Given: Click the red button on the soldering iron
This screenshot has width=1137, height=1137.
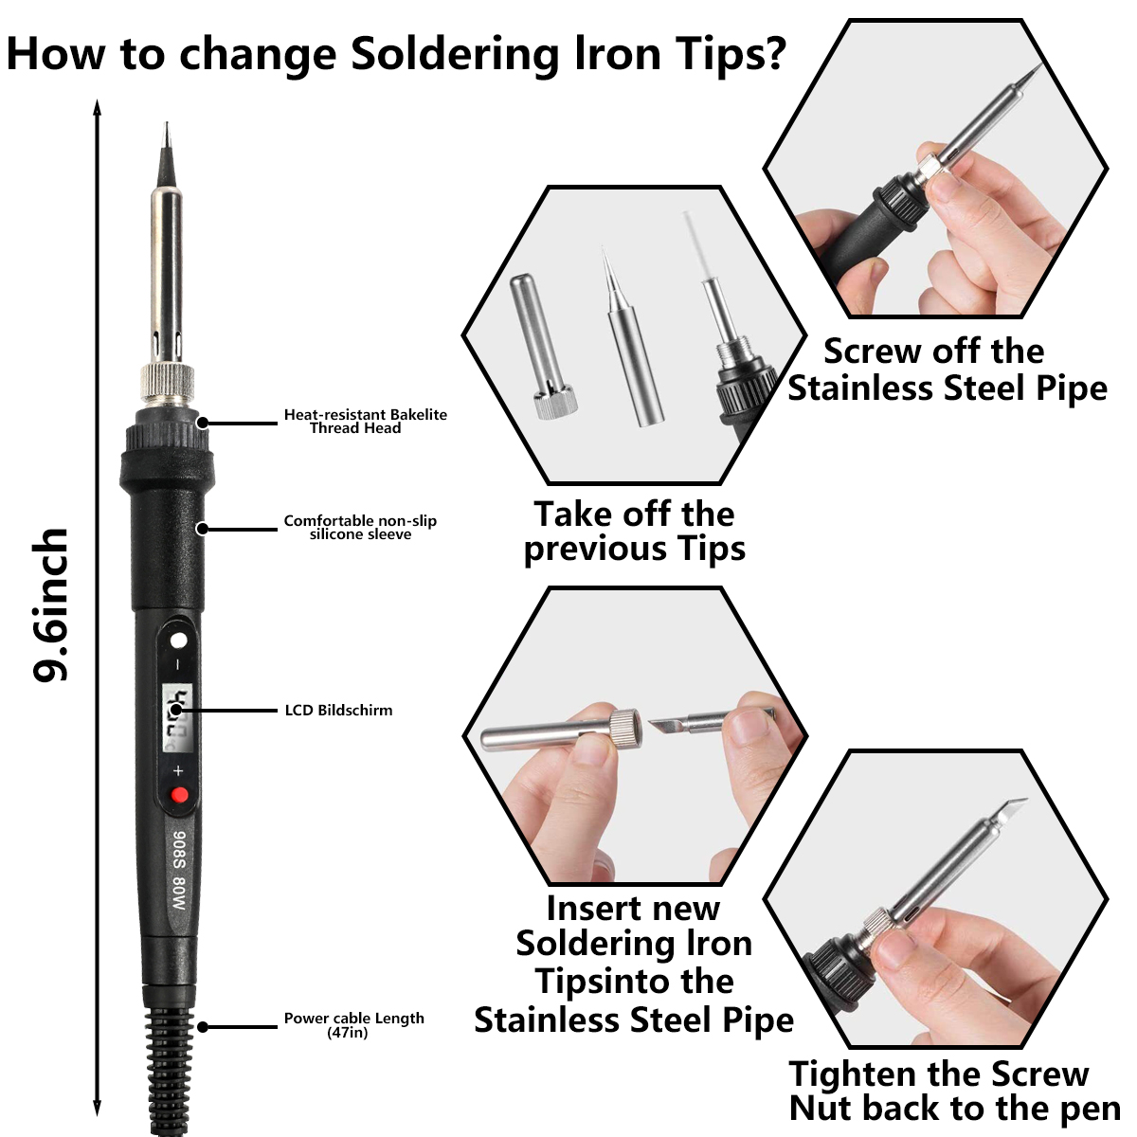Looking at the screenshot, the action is [179, 795].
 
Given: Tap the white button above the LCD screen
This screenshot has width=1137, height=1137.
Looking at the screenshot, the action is [179, 641].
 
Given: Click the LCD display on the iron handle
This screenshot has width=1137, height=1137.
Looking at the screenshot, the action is [178, 717].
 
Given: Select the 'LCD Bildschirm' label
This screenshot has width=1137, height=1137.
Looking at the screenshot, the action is [338, 710].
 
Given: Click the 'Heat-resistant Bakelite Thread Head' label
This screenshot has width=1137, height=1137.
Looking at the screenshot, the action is [365, 422].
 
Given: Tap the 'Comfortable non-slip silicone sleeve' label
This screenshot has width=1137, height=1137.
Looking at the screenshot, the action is [360, 528].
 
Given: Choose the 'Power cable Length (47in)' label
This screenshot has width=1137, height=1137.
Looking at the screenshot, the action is [354, 1025].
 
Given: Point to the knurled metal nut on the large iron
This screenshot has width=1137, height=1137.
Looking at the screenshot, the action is [167, 384].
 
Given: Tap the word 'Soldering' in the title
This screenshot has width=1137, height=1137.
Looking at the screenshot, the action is [455, 55].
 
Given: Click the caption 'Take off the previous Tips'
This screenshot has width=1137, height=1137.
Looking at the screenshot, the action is [634, 531].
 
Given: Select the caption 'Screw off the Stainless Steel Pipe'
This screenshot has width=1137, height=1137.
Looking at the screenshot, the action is [947, 370].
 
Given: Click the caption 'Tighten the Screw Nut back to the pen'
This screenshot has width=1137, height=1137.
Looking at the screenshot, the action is [954, 1090].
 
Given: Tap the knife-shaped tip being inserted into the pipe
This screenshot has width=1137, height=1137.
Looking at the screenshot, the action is [711, 722].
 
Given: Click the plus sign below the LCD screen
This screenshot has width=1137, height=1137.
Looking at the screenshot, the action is [178, 770].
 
